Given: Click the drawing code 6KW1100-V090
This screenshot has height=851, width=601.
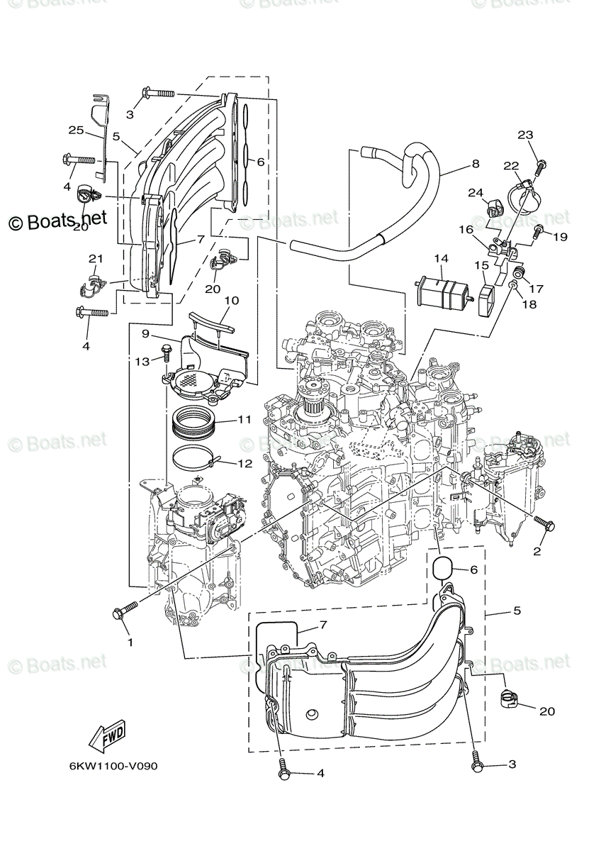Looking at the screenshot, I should tap(113, 767).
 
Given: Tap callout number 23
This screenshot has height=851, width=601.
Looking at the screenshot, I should tap(544, 135).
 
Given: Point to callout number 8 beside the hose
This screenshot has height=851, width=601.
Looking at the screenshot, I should tap(475, 164).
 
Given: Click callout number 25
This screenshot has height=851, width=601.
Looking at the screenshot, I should tap(76, 130).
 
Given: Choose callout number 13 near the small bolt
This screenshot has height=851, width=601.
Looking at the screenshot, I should tap(142, 362).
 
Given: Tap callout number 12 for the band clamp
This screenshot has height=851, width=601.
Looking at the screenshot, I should tap(245, 465).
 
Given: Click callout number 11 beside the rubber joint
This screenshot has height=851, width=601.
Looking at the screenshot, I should tap(244, 420).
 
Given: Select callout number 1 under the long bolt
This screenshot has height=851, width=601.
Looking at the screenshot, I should tap(129, 643).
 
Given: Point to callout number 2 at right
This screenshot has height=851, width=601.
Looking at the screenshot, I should tap(537, 551).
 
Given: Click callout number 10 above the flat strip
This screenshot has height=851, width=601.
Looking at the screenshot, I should tap(230, 301).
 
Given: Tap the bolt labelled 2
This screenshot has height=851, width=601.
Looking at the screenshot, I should tap(546, 525).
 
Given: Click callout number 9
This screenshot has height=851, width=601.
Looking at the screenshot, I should tap(145, 333).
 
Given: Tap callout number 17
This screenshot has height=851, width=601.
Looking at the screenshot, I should tap(536, 289).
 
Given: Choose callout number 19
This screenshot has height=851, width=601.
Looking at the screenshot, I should tap(560, 237).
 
